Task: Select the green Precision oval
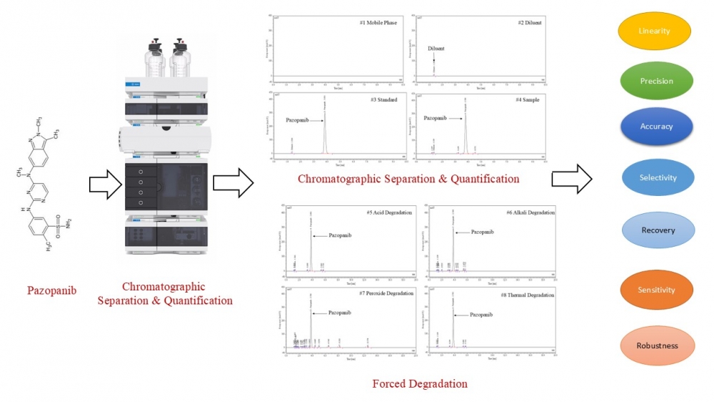[656, 81]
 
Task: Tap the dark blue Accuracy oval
[656, 127]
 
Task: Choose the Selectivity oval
[658, 177]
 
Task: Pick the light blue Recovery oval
[658, 230]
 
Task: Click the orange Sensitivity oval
[656, 290]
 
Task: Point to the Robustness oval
[657, 345]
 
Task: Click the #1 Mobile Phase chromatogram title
[378, 24]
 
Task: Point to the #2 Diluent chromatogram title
[529, 24]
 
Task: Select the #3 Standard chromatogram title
[383, 99]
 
